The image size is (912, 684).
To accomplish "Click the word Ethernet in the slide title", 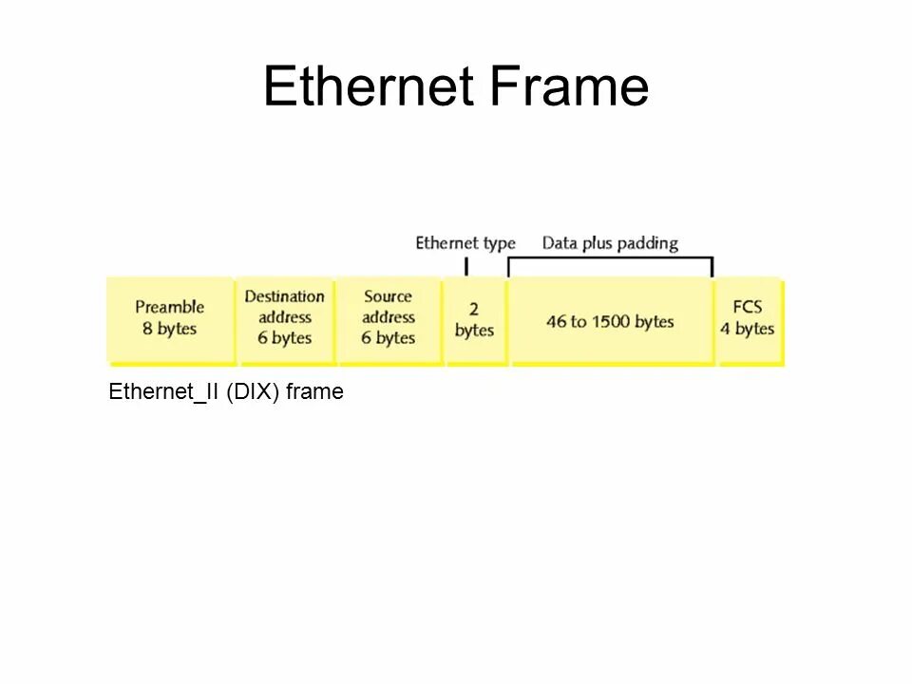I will tap(369, 86).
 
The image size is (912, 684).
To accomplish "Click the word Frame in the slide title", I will tap(569, 86).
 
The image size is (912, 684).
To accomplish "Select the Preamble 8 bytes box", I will tap(170, 319).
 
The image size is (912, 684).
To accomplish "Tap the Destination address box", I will tap(285, 319).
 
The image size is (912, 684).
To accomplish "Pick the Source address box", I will tap(389, 319).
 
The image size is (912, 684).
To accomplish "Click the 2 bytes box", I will tap(474, 319).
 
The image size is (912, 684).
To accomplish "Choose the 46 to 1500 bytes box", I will tap(610, 321).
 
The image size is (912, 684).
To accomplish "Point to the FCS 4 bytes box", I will tap(748, 319).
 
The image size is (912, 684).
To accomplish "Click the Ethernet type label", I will tap(465, 243).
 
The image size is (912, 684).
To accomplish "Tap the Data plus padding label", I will tap(610, 243).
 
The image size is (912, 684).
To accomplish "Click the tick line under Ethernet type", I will tap(466, 265).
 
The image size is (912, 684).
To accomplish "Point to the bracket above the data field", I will tap(610, 257).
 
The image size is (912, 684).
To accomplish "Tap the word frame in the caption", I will tap(314, 391).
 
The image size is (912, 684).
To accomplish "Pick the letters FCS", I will tap(748, 308).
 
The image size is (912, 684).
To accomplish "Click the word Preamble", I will tap(170, 307).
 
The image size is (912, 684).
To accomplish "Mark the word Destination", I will tap(285, 296).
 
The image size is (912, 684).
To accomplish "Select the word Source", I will tap(389, 296).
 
